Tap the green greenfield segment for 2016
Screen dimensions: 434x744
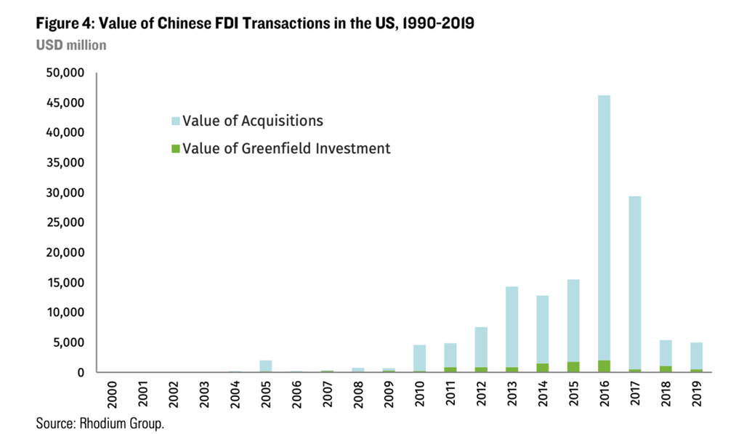coord(604,366)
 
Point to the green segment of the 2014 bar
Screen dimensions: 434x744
coord(542,368)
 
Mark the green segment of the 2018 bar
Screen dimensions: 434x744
coord(666,369)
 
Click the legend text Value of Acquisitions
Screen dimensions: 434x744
coord(252,120)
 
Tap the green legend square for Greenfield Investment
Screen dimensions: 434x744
coord(175,149)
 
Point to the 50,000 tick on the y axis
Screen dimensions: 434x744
coord(65,73)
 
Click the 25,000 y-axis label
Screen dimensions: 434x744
coord(65,223)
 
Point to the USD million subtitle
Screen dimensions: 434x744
coord(71,45)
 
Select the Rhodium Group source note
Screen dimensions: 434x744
coord(100,423)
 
